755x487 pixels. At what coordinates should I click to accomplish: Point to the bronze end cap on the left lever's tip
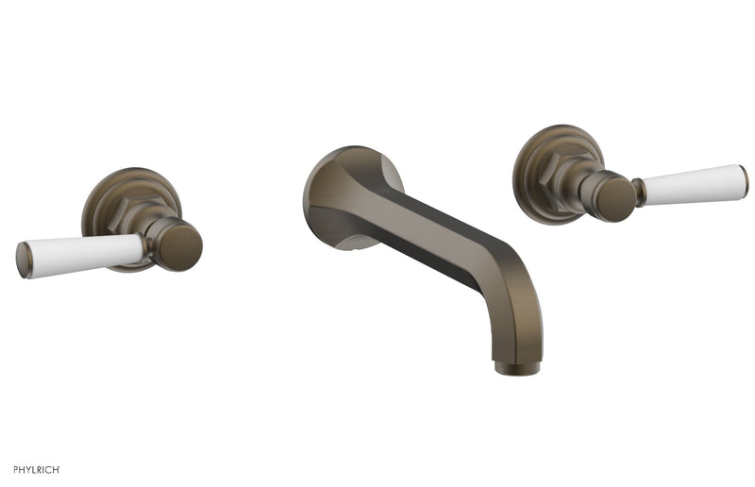pos(21,261)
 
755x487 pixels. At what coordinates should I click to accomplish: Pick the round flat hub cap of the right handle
pos(614,199)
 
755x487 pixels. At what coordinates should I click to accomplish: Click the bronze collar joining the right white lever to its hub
pos(639,192)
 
